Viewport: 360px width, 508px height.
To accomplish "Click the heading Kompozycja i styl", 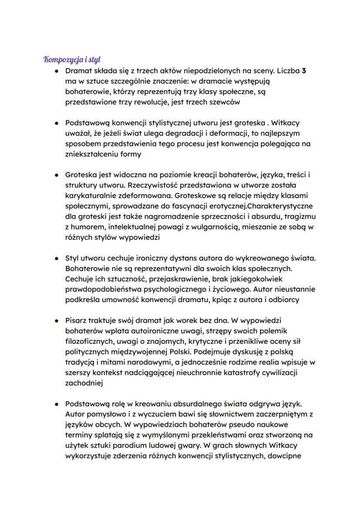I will [x=72, y=59].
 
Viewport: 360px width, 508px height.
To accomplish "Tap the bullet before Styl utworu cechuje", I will [x=56, y=259].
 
